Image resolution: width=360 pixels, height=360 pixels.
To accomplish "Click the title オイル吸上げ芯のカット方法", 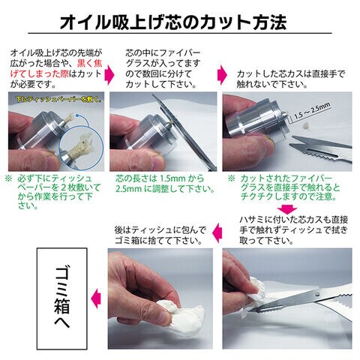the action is (173, 22).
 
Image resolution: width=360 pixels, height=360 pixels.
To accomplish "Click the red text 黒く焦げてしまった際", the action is (56, 68).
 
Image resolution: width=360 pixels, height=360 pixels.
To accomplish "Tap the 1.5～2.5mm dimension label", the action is (312, 111).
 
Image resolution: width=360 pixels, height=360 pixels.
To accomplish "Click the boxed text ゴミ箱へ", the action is (62, 298).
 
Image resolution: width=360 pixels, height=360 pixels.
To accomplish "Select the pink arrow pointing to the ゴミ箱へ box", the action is (96, 298).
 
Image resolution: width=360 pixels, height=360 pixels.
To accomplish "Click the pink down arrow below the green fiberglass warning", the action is (288, 209).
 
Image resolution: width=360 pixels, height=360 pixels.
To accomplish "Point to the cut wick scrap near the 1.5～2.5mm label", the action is (305, 125).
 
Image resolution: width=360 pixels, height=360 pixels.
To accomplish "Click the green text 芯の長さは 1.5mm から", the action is (160, 178).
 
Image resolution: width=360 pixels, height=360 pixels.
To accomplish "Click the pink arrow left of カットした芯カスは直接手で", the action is (222, 75).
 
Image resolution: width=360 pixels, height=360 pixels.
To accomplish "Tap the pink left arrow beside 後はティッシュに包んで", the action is (217, 233).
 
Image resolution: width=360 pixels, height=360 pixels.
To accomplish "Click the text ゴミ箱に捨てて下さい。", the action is (158, 241).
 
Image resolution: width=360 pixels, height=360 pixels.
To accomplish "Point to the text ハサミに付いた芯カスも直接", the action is (294, 220).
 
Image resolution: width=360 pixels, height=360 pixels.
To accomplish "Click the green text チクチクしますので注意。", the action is (289, 196).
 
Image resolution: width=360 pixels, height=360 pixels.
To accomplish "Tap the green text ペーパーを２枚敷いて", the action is (59, 187).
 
